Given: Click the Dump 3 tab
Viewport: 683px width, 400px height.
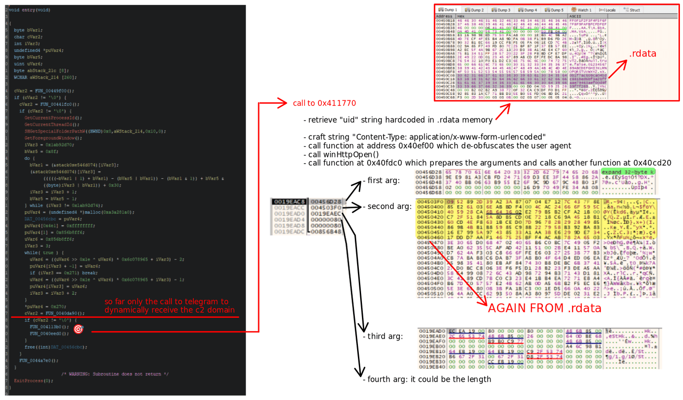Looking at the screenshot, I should (x=501, y=10).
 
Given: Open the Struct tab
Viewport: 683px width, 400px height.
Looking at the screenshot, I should (x=632, y=10).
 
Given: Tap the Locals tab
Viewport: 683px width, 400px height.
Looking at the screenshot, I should (x=607, y=10).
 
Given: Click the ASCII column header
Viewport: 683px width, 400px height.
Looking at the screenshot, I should (x=575, y=16).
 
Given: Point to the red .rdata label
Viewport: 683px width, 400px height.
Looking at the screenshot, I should (x=643, y=54).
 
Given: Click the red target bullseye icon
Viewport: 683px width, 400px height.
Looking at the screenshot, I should (x=78, y=329).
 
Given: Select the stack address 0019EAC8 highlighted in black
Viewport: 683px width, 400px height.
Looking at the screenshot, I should (x=289, y=202).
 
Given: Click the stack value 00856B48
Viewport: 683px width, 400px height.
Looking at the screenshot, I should (x=326, y=232).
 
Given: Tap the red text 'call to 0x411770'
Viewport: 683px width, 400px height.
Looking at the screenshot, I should (x=324, y=103).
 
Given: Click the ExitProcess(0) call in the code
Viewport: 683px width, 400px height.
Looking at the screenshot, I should (x=33, y=381).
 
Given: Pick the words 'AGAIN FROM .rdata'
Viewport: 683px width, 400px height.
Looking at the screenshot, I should (x=544, y=308).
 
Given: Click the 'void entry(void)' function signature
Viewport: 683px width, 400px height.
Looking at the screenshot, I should (x=29, y=10).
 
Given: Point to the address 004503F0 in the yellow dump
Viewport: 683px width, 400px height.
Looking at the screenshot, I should (x=430, y=202).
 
